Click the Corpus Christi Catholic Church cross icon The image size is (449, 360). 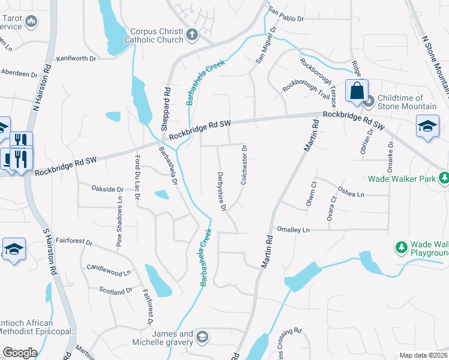click(x=192, y=34)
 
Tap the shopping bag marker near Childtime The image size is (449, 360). click(x=357, y=91)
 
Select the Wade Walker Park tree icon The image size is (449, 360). click(x=444, y=178)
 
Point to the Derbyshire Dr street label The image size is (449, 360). click(x=221, y=191)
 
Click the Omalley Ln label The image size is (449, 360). click(x=293, y=230)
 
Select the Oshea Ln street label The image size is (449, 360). click(x=351, y=193)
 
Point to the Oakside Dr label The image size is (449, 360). click(x=107, y=188)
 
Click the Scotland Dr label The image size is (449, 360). click(x=116, y=290)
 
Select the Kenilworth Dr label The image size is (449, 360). click(x=76, y=59)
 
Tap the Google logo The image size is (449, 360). click(x=20, y=352)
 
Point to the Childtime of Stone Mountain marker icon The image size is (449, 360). click(x=370, y=101)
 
